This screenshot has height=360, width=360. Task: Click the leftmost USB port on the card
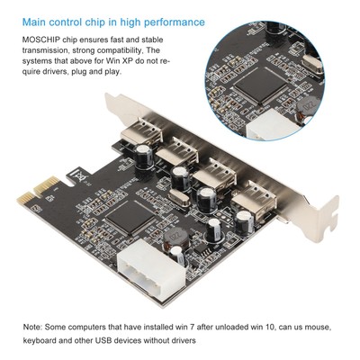coord(147,143)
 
